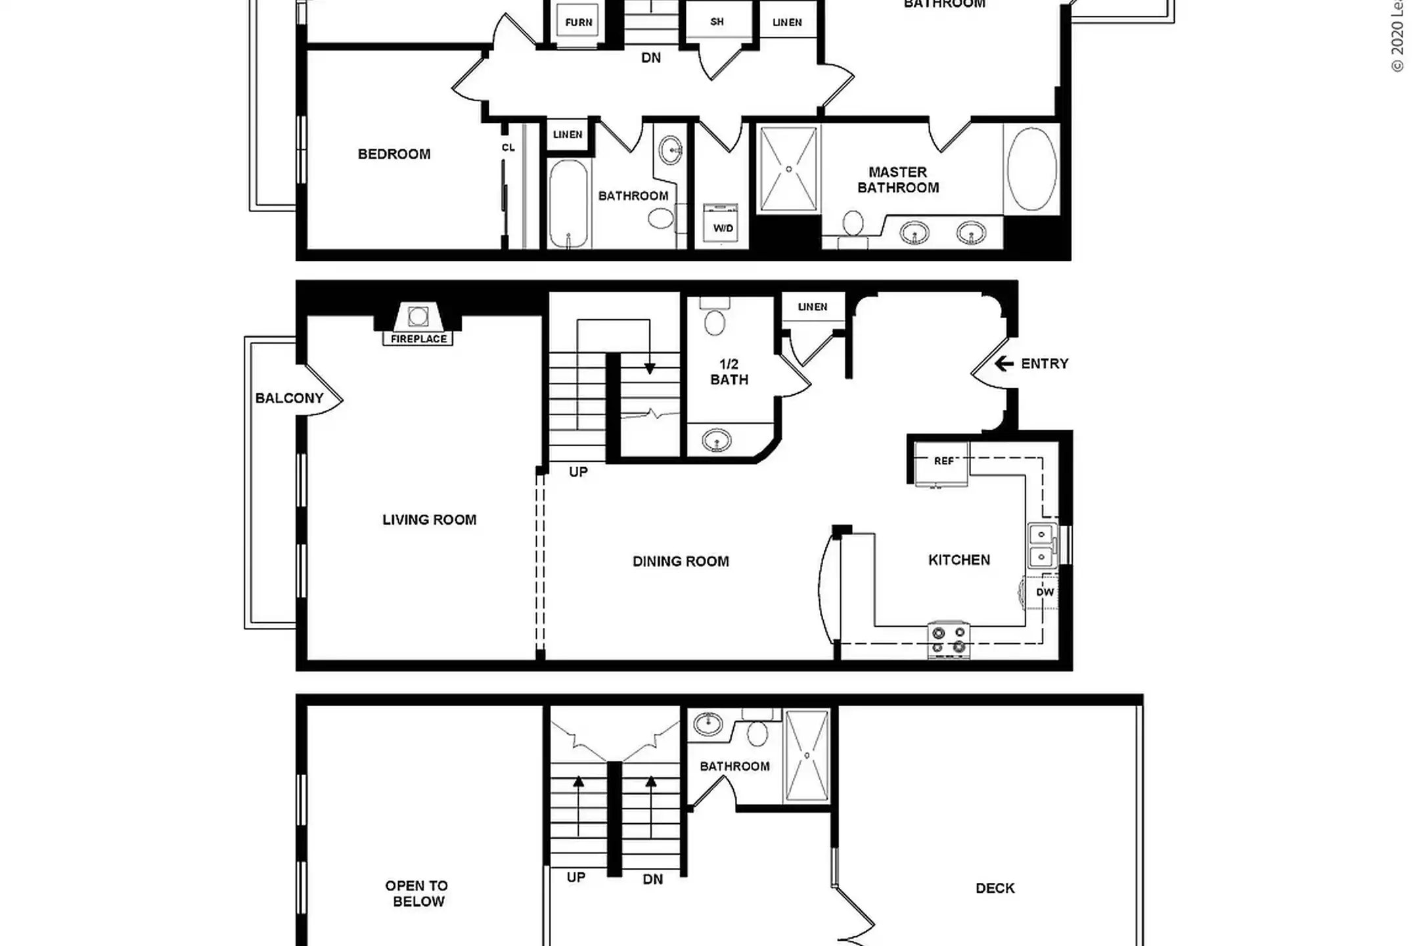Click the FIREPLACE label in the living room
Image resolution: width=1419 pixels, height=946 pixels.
(x=418, y=339)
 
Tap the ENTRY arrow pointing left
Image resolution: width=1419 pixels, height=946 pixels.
(x=1003, y=363)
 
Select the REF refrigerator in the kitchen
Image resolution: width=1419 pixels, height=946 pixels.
(x=943, y=462)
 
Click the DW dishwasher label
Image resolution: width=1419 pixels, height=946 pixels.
(x=1045, y=592)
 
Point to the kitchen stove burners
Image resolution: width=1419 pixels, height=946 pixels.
(x=949, y=640)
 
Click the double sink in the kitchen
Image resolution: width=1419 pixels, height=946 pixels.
(x=1042, y=545)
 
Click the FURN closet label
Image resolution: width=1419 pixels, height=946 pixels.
(x=578, y=22)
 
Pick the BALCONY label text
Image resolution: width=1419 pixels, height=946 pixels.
(x=289, y=398)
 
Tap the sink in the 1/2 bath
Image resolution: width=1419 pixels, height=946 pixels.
(x=716, y=439)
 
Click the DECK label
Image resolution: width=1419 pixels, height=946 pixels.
(x=995, y=888)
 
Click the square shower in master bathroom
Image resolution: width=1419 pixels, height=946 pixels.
(x=788, y=169)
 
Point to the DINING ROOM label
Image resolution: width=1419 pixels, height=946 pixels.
(x=681, y=562)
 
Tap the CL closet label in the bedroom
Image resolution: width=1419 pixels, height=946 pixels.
(x=508, y=148)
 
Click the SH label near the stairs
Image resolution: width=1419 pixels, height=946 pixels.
(x=717, y=22)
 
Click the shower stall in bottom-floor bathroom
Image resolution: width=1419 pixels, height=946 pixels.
(x=807, y=755)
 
